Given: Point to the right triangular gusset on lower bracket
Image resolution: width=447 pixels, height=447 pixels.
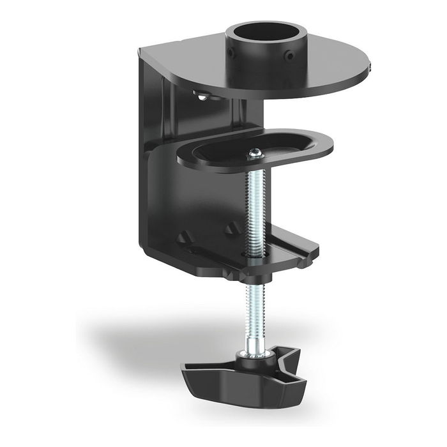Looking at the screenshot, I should coord(231,227).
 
